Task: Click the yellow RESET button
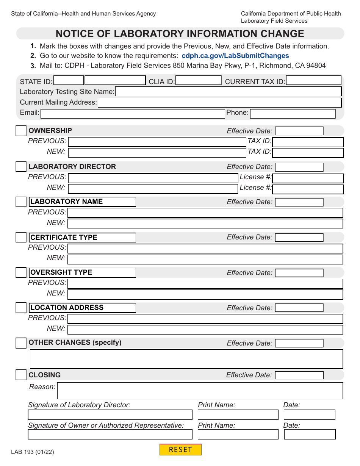[180, 450]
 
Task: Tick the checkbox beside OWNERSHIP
[21, 131]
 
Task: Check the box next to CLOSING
[21, 375]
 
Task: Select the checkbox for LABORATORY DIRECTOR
[21, 167]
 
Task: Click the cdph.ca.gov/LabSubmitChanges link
[235, 56]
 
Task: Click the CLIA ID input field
[199, 81]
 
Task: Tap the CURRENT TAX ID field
[313, 81]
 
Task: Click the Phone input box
[293, 113]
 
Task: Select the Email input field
[133, 114]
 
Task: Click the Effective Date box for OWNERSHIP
[299, 131]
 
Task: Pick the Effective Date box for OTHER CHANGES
[299, 343]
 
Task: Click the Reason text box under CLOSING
[200, 391]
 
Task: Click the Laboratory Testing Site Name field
[228, 91]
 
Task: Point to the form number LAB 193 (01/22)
[33, 452]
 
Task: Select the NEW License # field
[308, 189]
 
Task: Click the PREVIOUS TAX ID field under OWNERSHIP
[308, 142]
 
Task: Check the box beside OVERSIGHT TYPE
[21, 273]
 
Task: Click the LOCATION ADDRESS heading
[67, 308]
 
